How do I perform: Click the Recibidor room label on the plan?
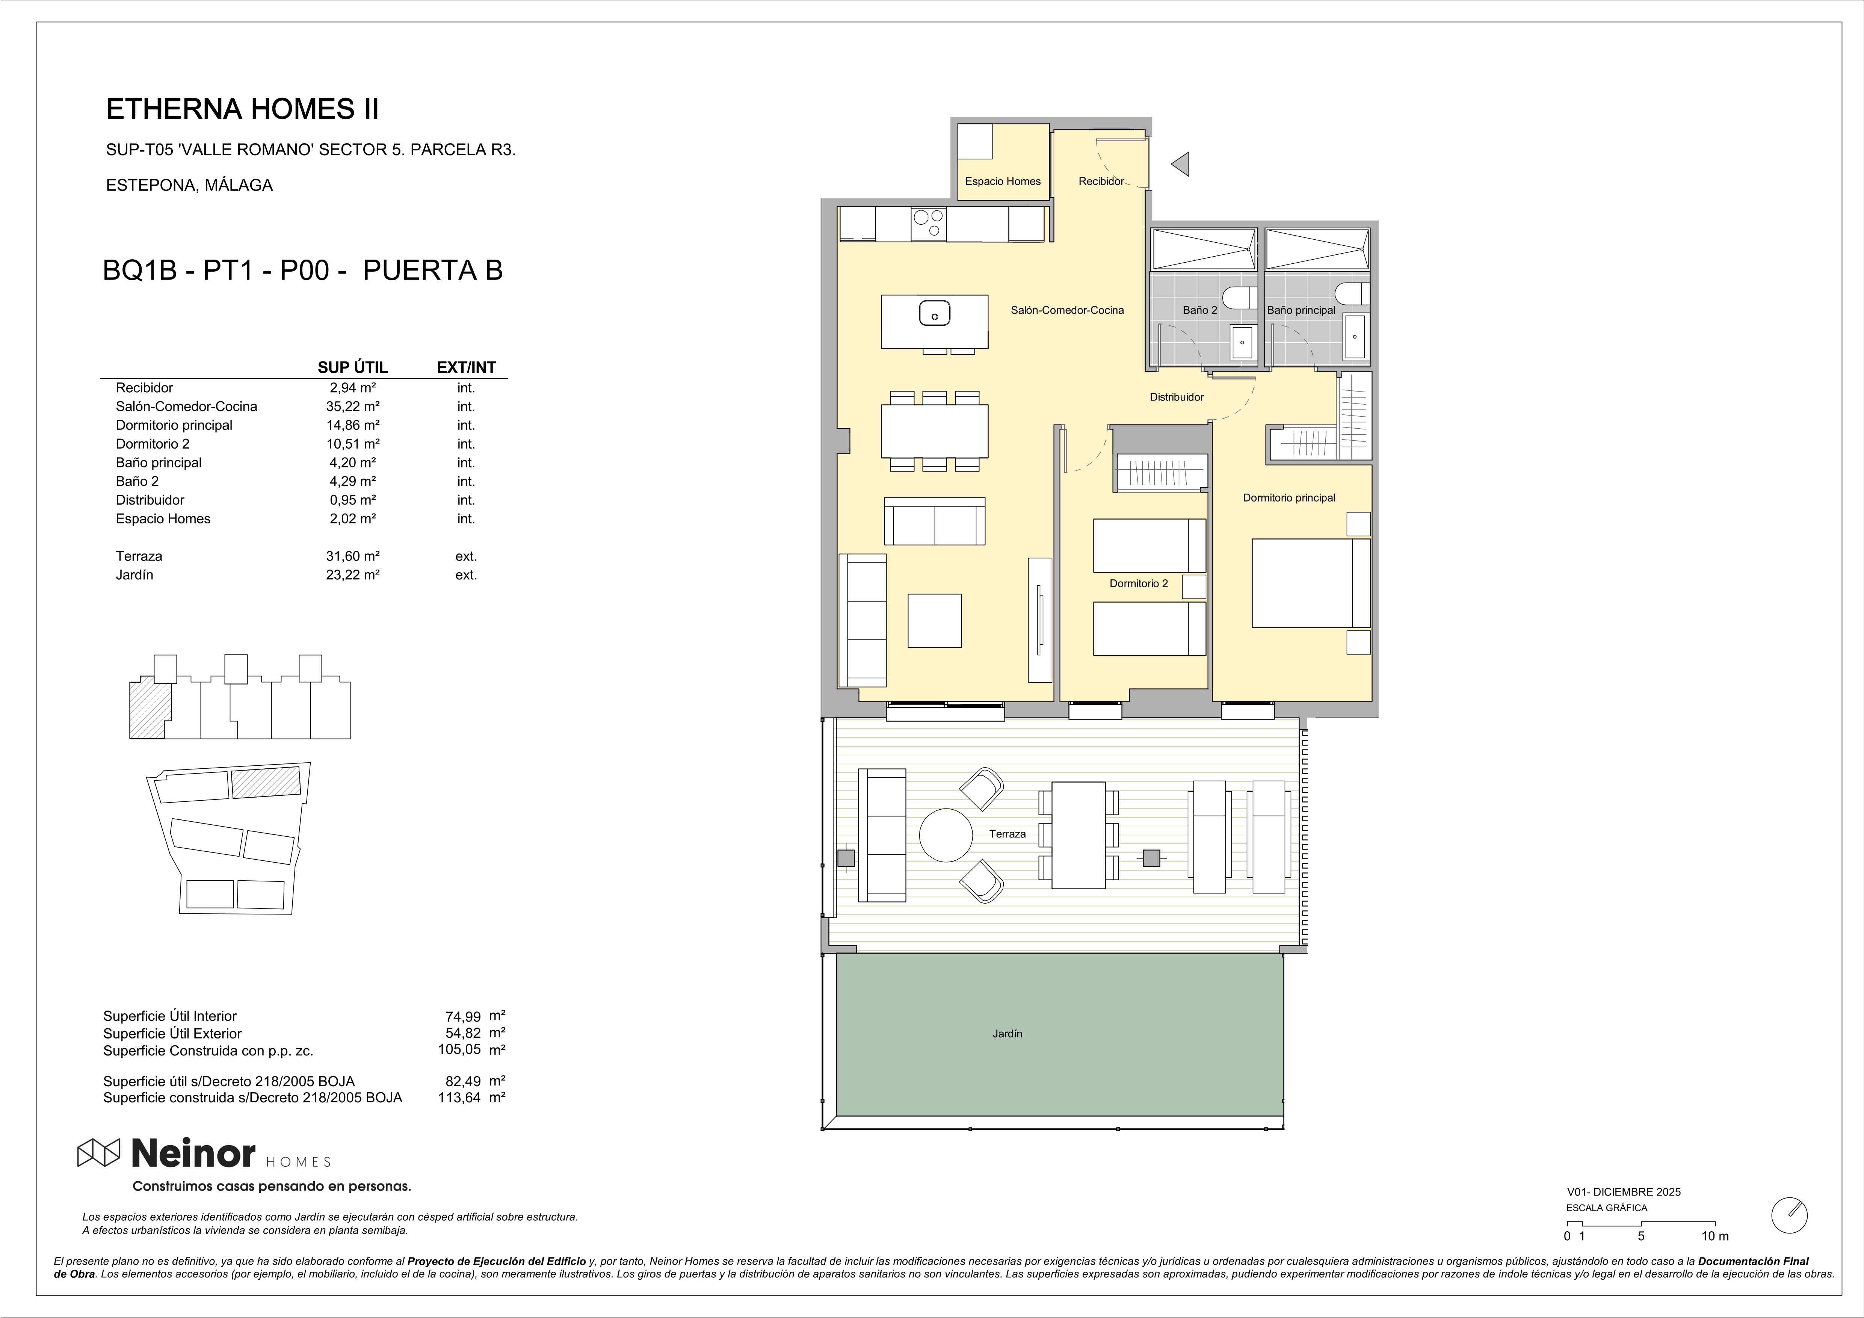pyautogui.click(x=1101, y=181)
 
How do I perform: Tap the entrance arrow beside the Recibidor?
pyautogui.click(x=1181, y=164)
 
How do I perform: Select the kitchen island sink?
pyautogui.click(x=934, y=313)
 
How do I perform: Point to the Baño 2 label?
pyautogui.click(x=1200, y=310)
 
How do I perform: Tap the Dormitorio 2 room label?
pyautogui.click(x=1139, y=583)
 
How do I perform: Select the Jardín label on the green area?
pyautogui.click(x=1008, y=1034)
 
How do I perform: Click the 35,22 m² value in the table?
pyautogui.click(x=353, y=406)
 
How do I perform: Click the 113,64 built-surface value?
pyautogui.click(x=459, y=1097)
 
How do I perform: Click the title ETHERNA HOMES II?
pyautogui.click(x=243, y=109)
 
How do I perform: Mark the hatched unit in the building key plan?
pyautogui.click(x=150, y=710)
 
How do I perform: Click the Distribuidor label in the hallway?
pyautogui.click(x=1177, y=397)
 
